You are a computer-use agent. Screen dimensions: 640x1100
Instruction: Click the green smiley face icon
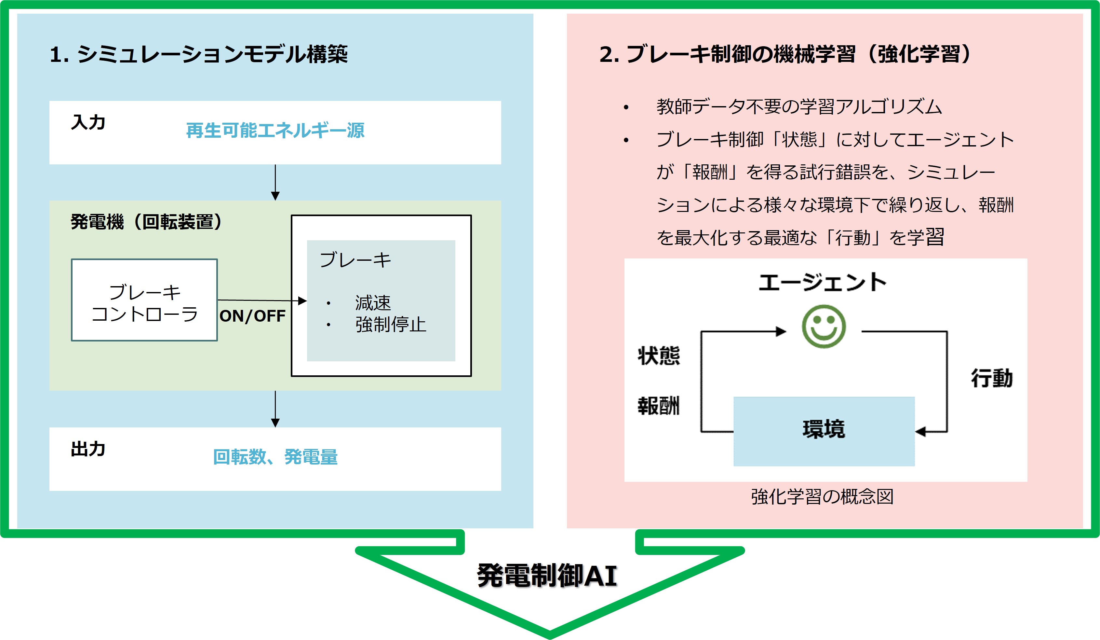pyautogui.click(x=823, y=326)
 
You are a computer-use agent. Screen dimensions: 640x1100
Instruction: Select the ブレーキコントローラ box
pyautogui.click(x=144, y=300)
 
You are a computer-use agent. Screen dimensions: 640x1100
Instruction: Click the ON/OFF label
pyautogui.click(x=252, y=316)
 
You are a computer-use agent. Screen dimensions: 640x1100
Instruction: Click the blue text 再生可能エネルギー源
pyautogui.click(x=275, y=130)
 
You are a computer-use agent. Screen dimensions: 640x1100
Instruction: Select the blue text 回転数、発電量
pyautogui.click(x=275, y=457)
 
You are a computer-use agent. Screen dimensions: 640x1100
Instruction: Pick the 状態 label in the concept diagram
pyautogui.click(x=659, y=355)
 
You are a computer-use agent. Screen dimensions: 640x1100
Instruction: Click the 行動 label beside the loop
pyautogui.click(x=992, y=378)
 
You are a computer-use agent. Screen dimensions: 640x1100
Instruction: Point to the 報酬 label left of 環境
pyautogui.click(x=659, y=405)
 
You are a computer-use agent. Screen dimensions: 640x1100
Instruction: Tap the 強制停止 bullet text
pyautogui.click(x=390, y=325)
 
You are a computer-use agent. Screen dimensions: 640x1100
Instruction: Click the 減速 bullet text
pyautogui.click(x=373, y=303)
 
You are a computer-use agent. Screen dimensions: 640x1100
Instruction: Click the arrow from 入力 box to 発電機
pyautogui.click(x=275, y=182)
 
